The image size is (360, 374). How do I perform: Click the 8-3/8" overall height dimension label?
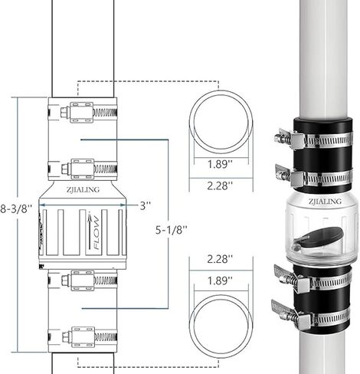click(16, 208)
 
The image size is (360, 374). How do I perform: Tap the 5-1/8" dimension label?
click(172, 230)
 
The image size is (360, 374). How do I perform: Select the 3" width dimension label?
click(146, 205)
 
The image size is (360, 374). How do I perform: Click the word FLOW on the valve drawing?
click(97, 232)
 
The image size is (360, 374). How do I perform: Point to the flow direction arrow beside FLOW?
click(90, 231)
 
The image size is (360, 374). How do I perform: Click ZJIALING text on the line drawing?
click(83, 189)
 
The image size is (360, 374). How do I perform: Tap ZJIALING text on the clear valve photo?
click(325, 202)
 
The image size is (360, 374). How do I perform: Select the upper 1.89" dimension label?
click(220, 164)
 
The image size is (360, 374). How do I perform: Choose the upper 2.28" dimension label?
click(220, 185)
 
